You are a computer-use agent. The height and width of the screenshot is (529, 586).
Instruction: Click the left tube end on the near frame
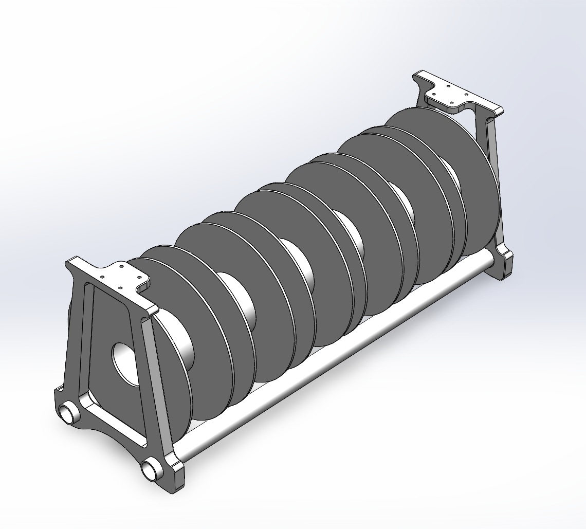(67, 413)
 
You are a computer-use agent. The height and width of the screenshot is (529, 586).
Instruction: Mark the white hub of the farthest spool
(452, 175)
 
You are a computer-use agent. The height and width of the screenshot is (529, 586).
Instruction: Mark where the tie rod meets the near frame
(177, 455)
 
